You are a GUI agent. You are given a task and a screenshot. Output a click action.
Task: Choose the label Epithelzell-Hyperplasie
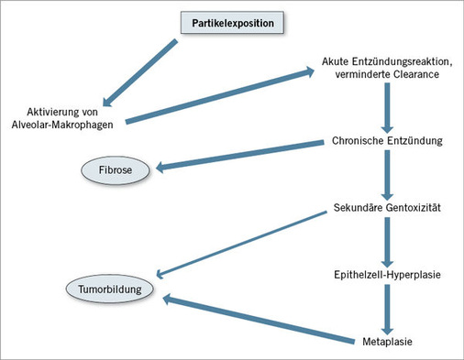pyautogui.click(x=389, y=273)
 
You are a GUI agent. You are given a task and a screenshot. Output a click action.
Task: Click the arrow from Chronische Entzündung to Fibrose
pyautogui.click(x=243, y=155)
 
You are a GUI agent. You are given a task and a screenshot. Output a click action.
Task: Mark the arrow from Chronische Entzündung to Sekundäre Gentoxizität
pyautogui.click(x=388, y=176)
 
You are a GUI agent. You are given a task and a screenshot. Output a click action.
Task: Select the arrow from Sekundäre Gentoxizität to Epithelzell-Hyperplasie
pyautogui.click(x=388, y=241)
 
